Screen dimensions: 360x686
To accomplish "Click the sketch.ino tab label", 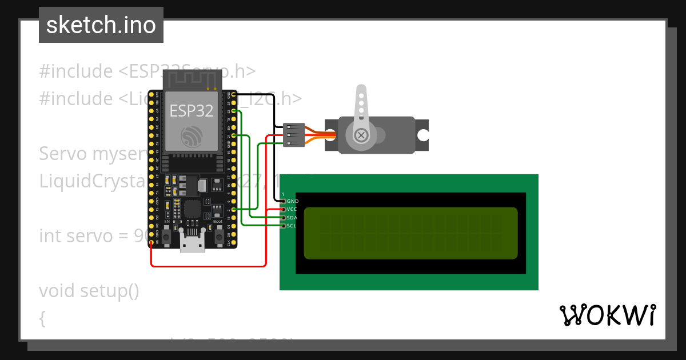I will [x=101, y=25].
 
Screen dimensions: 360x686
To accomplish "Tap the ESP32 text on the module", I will [x=192, y=110].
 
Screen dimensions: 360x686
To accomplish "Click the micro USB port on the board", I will [x=192, y=242].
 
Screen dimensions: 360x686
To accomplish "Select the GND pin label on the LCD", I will [x=293, y=201].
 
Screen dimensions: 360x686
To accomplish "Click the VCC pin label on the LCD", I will [x=292, y=209].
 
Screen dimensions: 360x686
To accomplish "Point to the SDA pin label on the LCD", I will [x=292, y=218].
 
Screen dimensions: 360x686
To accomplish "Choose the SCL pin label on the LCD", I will [x=292, y=226].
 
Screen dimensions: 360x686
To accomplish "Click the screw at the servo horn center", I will [x=361, y=135].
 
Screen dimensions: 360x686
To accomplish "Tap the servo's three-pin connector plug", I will [x=293, y=135].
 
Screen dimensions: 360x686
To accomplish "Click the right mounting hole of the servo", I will [x=422, y=135].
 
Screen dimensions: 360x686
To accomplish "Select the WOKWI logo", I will [x=607, y=315].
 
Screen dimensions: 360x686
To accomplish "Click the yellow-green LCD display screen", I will [x=410, y=233].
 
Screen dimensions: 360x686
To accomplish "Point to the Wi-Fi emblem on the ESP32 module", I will [x=192, y=136].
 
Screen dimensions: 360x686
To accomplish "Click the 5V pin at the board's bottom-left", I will [x=151, y=243].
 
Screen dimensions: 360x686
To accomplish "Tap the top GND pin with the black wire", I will [x=234, y=95].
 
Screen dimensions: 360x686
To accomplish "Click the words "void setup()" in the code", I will [x=89, y=290].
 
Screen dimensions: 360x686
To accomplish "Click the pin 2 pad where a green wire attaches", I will [x=234, y=210].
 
